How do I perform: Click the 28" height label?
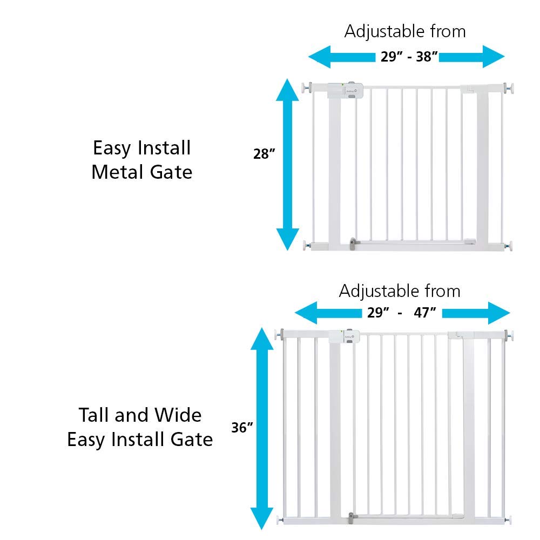pos(265,154)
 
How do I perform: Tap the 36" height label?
pos(242,428)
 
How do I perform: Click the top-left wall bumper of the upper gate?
pos(306,86)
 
